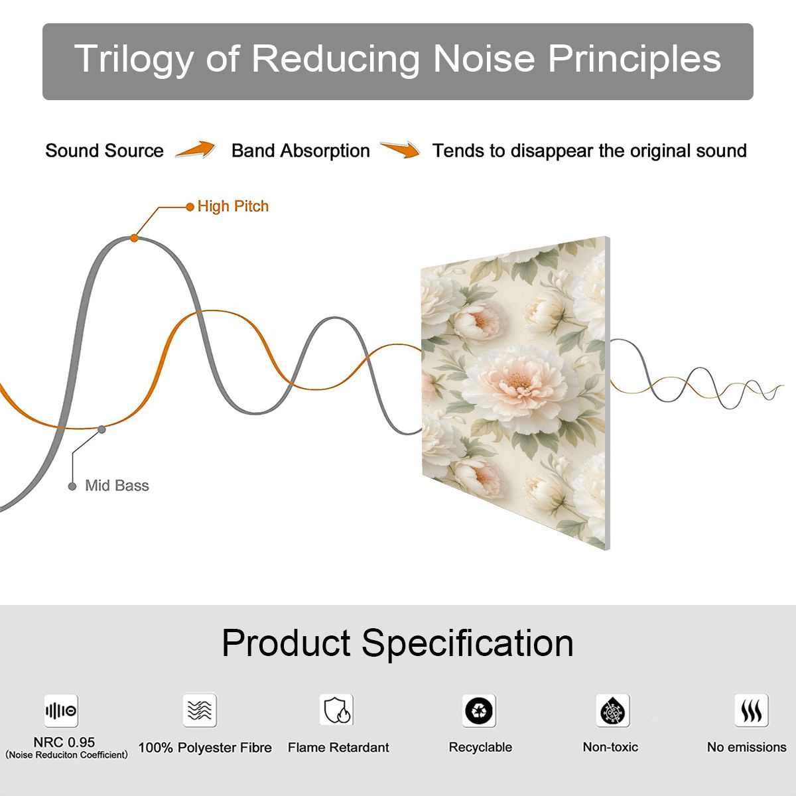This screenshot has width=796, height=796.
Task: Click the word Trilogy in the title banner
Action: click(134, 59)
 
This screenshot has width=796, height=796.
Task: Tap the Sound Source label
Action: click(105, 151)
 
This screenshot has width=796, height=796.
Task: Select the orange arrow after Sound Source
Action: click(195, 149)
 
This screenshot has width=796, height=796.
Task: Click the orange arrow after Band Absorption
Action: click(400, 149)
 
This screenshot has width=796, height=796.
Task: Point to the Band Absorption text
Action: click(300, 151)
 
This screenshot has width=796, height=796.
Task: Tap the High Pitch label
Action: click(233, 206)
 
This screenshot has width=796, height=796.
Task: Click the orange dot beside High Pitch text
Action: click(190, 207)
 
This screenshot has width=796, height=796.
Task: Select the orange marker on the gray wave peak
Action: click(134, 238)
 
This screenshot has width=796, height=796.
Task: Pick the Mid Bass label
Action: click(117, 486)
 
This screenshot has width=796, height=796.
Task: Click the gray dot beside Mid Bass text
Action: click(72, 486)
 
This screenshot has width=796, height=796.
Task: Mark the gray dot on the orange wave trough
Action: click(101, 430)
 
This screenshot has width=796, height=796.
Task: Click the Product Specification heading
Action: click(397, 643)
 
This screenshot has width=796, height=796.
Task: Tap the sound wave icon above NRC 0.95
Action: click(61, 710)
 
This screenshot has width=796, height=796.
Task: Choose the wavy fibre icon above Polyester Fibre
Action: click(200, 710)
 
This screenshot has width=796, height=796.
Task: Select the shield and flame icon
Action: click(337, 710)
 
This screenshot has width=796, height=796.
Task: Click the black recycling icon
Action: click(479, 710)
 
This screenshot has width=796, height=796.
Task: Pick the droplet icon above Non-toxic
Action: click(613, 710)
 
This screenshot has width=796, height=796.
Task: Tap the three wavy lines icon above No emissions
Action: click(752, 710)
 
